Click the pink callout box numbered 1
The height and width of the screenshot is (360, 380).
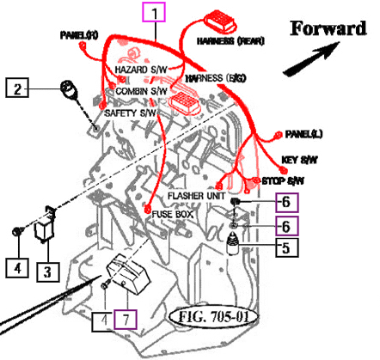tap(155, 13)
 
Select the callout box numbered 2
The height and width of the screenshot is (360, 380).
tap(19, 87)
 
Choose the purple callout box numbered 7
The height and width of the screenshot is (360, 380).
tap(126, 321)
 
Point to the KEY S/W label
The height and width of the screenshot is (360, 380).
tap(301, 160)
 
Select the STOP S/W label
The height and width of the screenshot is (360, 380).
tap(283, 181)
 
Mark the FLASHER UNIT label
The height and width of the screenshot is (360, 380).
tap(197, 196)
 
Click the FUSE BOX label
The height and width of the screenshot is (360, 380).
tap(175, 213)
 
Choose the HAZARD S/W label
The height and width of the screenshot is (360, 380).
tap(140, 70)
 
